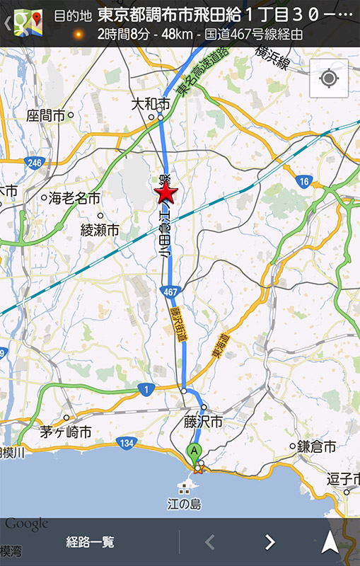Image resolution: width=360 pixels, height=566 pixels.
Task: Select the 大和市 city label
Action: coord(151,104)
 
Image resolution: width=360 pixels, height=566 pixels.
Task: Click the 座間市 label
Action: coord(46,115)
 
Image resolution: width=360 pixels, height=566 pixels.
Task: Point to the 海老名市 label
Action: coord(74,199)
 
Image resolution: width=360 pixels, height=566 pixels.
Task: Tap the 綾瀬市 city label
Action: coord(100,230)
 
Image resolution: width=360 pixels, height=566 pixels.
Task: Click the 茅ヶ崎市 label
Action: coord(65,431)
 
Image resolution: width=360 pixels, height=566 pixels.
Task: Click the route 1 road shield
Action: coord(146,389)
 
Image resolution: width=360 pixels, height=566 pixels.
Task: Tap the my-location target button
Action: coord(328,78)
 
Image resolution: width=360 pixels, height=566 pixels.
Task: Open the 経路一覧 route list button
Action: coord(90,543)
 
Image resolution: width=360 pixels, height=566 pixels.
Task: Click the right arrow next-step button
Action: coord(269,543)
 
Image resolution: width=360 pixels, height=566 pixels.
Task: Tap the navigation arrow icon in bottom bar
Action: coord(330,543)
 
